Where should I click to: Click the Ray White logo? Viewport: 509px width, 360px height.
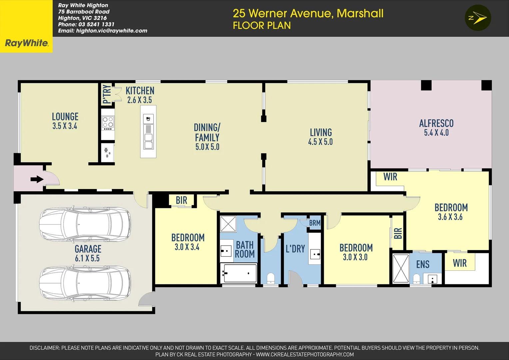[26, 43]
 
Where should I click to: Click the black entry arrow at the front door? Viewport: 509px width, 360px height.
[37, 179]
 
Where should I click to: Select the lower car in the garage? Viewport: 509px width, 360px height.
[85, 283]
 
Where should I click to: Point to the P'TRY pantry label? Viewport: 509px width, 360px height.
[107, 94]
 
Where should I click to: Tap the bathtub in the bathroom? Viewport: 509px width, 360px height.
[239, 273]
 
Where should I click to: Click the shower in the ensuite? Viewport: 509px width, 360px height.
[401, 269]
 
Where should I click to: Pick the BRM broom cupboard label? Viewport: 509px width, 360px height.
[315, 223]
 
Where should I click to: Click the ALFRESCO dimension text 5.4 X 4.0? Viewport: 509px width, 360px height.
[436, 133]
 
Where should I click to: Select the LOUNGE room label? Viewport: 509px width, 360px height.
[65, 117]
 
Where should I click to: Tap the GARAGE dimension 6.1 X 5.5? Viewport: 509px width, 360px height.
[87, 258]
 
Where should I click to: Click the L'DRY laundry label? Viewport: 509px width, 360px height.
[295, 249]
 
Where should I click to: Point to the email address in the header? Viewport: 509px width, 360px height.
[103, 31]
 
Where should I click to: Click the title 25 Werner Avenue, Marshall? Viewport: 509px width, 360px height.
[308, 13]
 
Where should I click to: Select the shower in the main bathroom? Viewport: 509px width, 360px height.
[228, 224]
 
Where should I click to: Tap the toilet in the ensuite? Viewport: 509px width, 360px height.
[416, 278]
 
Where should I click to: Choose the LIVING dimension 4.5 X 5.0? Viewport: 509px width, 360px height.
[320, 142]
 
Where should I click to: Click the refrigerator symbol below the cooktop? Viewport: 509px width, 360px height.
[107, 153]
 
